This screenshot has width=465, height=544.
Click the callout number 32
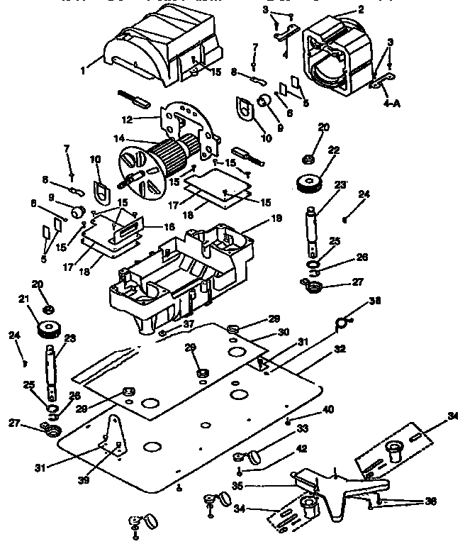(x=340, y=350)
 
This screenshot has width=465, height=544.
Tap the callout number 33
(x=302, y=428)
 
